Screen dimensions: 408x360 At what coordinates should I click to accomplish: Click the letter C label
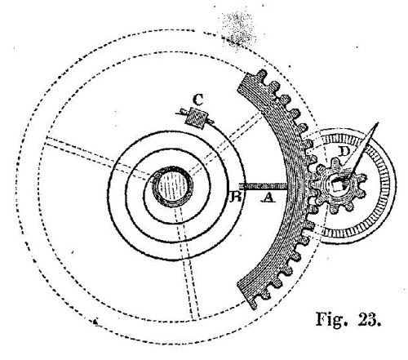[198, 100]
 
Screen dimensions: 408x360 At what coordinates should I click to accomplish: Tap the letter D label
[344, 151]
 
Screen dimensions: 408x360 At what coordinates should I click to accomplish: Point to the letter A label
[268, 198]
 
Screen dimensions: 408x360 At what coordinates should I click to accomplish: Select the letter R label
[236, 197]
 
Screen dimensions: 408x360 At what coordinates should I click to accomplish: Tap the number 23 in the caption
[369, 319]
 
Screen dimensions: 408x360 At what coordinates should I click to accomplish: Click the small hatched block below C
[197, 118]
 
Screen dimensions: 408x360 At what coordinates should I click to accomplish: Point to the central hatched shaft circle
[172, 186]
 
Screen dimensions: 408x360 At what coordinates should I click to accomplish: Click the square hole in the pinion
[338, 186]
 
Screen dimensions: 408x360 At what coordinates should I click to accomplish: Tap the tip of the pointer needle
[378, 123]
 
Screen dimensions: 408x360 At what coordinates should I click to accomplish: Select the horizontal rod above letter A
[263, 186]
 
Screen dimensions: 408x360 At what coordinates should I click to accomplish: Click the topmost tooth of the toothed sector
[262, 74]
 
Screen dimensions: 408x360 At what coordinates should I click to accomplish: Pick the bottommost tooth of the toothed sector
[254, 304]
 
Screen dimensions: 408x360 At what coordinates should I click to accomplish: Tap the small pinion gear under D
[338, 186]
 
